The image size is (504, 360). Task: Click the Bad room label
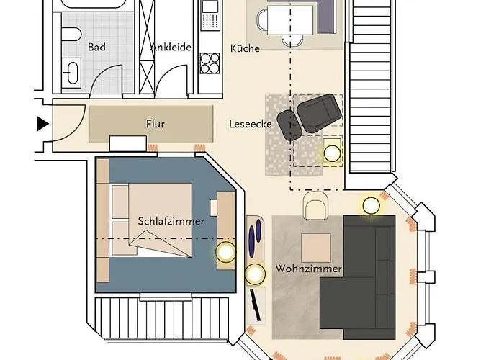click(x=96, y=48)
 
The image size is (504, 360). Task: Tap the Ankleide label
click(x=171, y=48)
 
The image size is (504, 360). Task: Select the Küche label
click(x=245, y=48)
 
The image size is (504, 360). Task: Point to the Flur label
click(x=155, y=124)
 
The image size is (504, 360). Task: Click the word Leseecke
click(x=250, y=124)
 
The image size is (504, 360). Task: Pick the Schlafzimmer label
click(x=171, y=221)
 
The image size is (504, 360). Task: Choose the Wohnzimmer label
click(x=308, y=269)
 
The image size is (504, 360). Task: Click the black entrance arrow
click(x=42, y=124)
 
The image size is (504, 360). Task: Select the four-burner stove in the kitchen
click(x=209, y=64)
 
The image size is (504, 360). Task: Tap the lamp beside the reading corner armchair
click(x=332, y=153)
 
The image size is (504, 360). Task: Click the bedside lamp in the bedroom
click(x=226, y=252)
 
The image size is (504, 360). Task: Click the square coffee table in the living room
click(x=315, y=248)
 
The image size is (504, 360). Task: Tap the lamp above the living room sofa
click(x=371, y=205)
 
